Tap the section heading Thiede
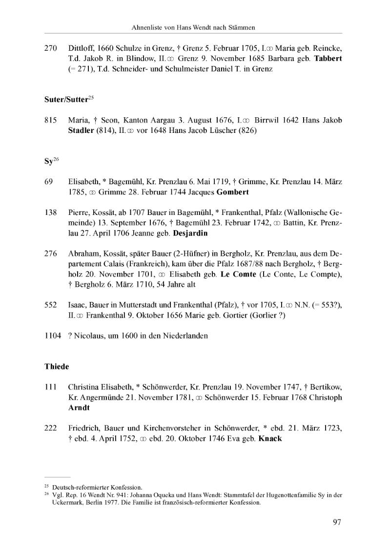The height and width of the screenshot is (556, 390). tap(55, 366)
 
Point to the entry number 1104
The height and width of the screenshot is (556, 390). tap(52, 336)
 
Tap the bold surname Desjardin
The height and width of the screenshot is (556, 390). tap(188, 233)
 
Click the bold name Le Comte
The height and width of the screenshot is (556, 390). tap(238, 274)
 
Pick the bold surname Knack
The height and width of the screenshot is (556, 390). tap(270, 438)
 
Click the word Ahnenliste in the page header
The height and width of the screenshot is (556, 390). tap(147, 27)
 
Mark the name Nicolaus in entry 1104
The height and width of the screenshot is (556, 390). tap(90, 336)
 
